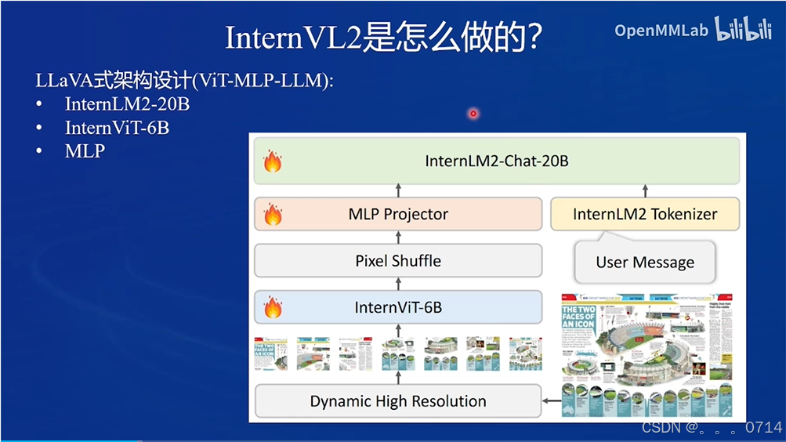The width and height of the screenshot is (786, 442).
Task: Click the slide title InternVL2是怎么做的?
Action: tap(384, 37)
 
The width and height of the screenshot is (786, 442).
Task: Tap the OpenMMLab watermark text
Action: tap(661, 31)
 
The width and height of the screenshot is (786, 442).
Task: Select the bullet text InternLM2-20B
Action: tap(127, 104)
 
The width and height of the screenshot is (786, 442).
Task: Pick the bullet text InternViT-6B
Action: tap(117, 128)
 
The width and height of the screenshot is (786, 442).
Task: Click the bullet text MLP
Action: tap(85, 151)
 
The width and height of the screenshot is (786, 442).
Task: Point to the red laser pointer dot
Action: tap(473, 114)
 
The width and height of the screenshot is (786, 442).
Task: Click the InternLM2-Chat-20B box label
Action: tap(496, 161)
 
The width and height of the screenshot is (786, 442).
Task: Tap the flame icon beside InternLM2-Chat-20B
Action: tap(273, 161)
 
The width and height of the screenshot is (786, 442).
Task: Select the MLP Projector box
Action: tap(398, 214)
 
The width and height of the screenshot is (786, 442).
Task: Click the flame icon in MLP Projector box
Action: tap(273, 214)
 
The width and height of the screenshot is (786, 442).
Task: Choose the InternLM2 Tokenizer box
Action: tap(645, 214)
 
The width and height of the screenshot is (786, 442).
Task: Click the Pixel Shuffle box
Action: tap(398, 261)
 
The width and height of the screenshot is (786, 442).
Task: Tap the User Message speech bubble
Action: tap(645, 263)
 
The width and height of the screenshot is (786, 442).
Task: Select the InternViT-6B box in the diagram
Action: tap(398, 307)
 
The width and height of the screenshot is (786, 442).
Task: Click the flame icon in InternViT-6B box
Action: tap(273, 307)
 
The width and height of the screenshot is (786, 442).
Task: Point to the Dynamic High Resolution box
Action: tap(398, 401)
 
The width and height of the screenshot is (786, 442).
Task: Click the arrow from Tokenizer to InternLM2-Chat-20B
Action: tap(646, 190)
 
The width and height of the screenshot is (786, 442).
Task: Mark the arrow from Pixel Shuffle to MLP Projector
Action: tap(398, 237)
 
